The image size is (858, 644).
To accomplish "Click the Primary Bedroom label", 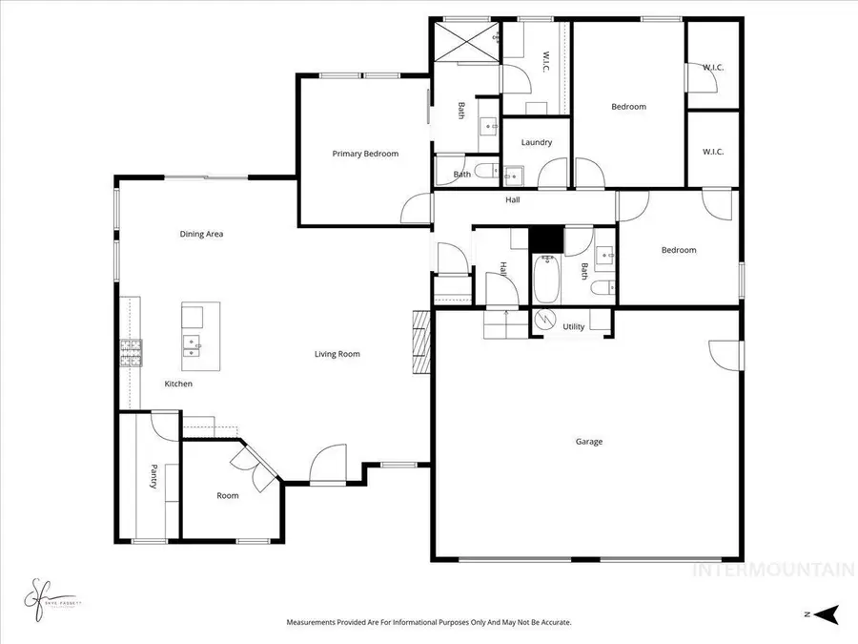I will (365, 154).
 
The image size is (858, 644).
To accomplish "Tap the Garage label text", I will (589, 442).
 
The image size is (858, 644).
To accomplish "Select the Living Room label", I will (337, 354).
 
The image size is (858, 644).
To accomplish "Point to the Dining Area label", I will (201, 234).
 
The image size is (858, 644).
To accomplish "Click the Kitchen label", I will (178, 384).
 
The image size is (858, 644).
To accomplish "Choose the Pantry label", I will (153, 477).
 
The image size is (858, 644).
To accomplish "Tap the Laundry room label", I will (537, 143).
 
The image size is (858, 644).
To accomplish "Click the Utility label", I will (573, 326).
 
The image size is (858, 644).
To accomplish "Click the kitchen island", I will (200, 336).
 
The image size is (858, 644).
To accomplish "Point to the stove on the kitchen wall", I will (130, 354).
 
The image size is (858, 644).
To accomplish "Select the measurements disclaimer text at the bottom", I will (429, 622).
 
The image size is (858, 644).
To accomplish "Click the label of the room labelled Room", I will (227, 495).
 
